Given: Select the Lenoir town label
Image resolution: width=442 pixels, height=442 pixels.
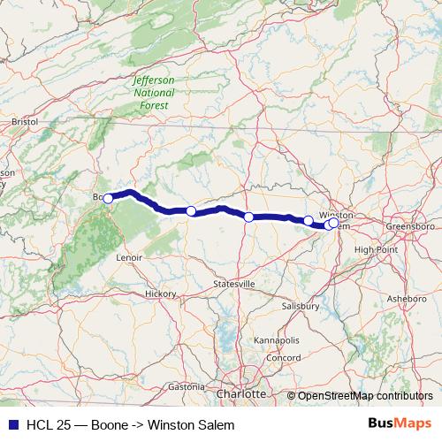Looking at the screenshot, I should tap(129, 257).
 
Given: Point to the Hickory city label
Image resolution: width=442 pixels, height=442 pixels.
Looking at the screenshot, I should tap(161, 293).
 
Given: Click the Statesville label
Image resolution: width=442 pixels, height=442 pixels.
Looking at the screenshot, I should tap(234, 284).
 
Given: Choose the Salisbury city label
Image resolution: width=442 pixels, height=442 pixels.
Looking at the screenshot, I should tap(301, 305).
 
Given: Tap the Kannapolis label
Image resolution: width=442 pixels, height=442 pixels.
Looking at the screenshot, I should tap(276, 340).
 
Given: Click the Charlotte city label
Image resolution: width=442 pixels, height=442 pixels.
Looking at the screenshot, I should tap(240, 392).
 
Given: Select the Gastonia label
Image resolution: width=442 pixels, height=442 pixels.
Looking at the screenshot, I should tap(186, 386).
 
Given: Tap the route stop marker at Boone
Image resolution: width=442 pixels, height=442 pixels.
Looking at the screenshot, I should tap(108, 199).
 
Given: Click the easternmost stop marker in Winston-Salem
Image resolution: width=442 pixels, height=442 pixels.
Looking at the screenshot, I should tap(333, 223).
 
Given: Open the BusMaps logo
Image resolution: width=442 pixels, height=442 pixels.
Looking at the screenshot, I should tap(398, 424).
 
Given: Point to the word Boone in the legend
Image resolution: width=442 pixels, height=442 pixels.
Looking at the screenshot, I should tap(106, 424).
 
